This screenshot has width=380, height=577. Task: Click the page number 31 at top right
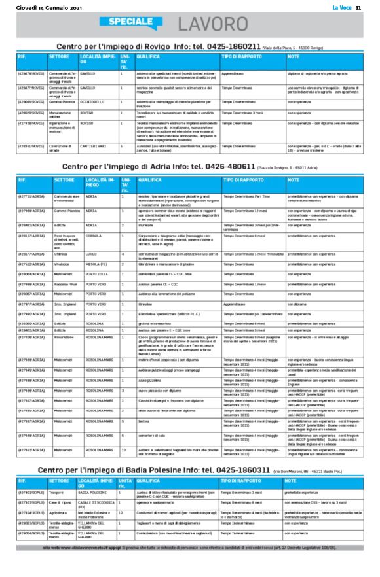(358, 7)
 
